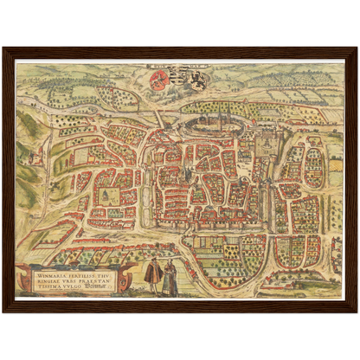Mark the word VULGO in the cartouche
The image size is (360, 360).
[x=74, y=288]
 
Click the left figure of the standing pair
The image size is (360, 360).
[x=154, y=275]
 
